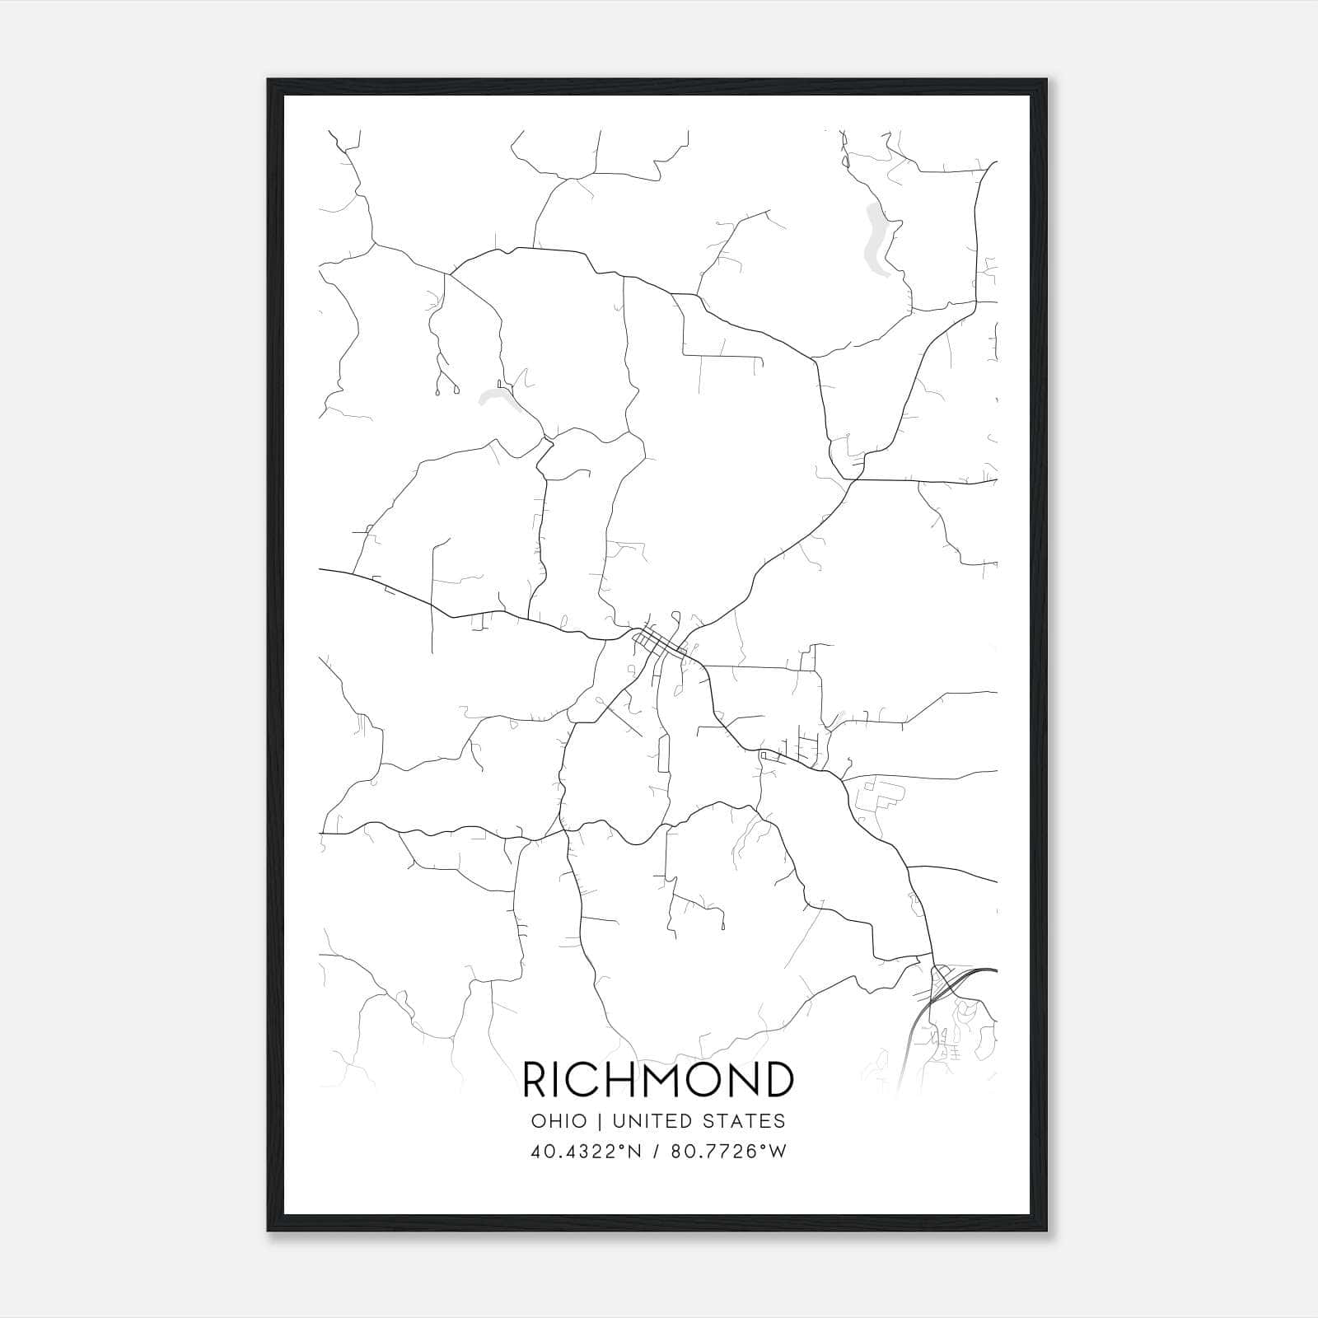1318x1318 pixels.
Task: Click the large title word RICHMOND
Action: point(658,1079)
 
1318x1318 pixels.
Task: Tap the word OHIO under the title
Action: point(559,1121)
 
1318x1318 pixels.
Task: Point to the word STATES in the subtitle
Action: point(745,1121)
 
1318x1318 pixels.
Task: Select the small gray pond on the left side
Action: point(496,399)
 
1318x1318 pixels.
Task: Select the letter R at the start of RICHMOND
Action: point(535,1079)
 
